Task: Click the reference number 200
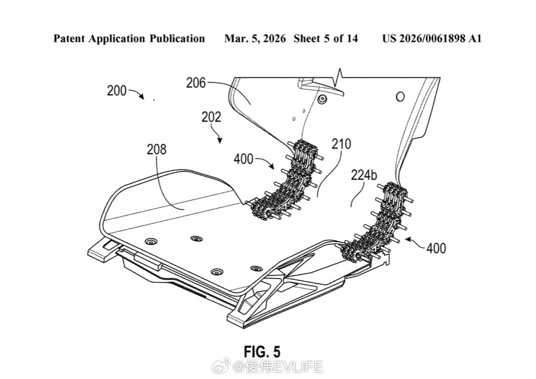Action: (x=116, y=91)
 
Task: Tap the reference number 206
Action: (x=196, y=83)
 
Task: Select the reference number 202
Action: (x=211, y=117)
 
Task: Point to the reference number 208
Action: (x=156, y=150)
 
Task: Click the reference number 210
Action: (x=341, y=144)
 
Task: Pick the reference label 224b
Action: (x=364, y=175)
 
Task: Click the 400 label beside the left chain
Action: (x=244, y=159)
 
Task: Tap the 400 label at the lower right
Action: (x=436, y=248)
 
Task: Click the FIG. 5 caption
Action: (x=262, y=351)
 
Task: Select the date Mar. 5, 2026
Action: (x=255, y=39)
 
